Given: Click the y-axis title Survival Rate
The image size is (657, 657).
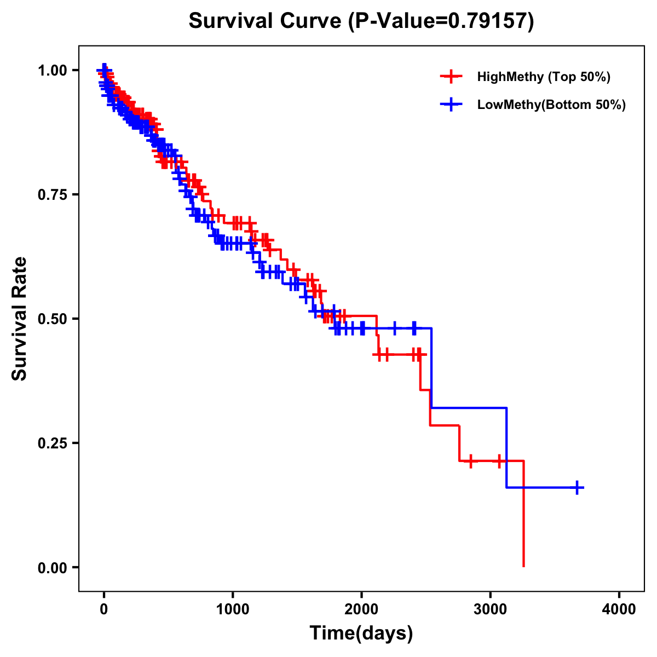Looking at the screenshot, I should (20, 319).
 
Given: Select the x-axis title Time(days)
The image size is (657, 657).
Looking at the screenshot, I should (361, 633).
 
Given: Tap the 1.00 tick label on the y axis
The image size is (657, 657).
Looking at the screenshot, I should (52, 71).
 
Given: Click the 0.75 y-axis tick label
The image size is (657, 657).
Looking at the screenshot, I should (52, 195).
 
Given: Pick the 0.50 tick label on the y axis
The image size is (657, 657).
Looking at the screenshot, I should (52, 319).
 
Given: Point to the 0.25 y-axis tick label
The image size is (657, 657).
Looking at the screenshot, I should (52, 443).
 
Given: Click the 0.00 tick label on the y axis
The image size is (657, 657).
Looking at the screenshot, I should (52, 568).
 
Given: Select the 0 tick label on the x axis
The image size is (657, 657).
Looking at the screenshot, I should (104, 609).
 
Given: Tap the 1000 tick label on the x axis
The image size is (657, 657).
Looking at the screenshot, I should (233, 609).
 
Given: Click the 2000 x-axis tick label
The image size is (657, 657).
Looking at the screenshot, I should (361, 609).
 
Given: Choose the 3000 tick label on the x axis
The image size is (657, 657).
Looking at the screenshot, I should (491, 609).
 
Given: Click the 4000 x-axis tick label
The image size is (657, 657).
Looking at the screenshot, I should (619, 609).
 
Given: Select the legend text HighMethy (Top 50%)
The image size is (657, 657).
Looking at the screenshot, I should (544, 77).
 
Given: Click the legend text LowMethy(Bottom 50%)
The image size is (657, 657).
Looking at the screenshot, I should (551, 105).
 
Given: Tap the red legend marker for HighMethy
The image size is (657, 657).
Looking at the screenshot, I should (451, 77).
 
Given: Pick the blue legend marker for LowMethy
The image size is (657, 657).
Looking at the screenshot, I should (451, 105).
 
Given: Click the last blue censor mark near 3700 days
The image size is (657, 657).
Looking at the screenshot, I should (577, 487).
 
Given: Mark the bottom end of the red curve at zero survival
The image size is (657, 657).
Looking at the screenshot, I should (524, 566).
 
